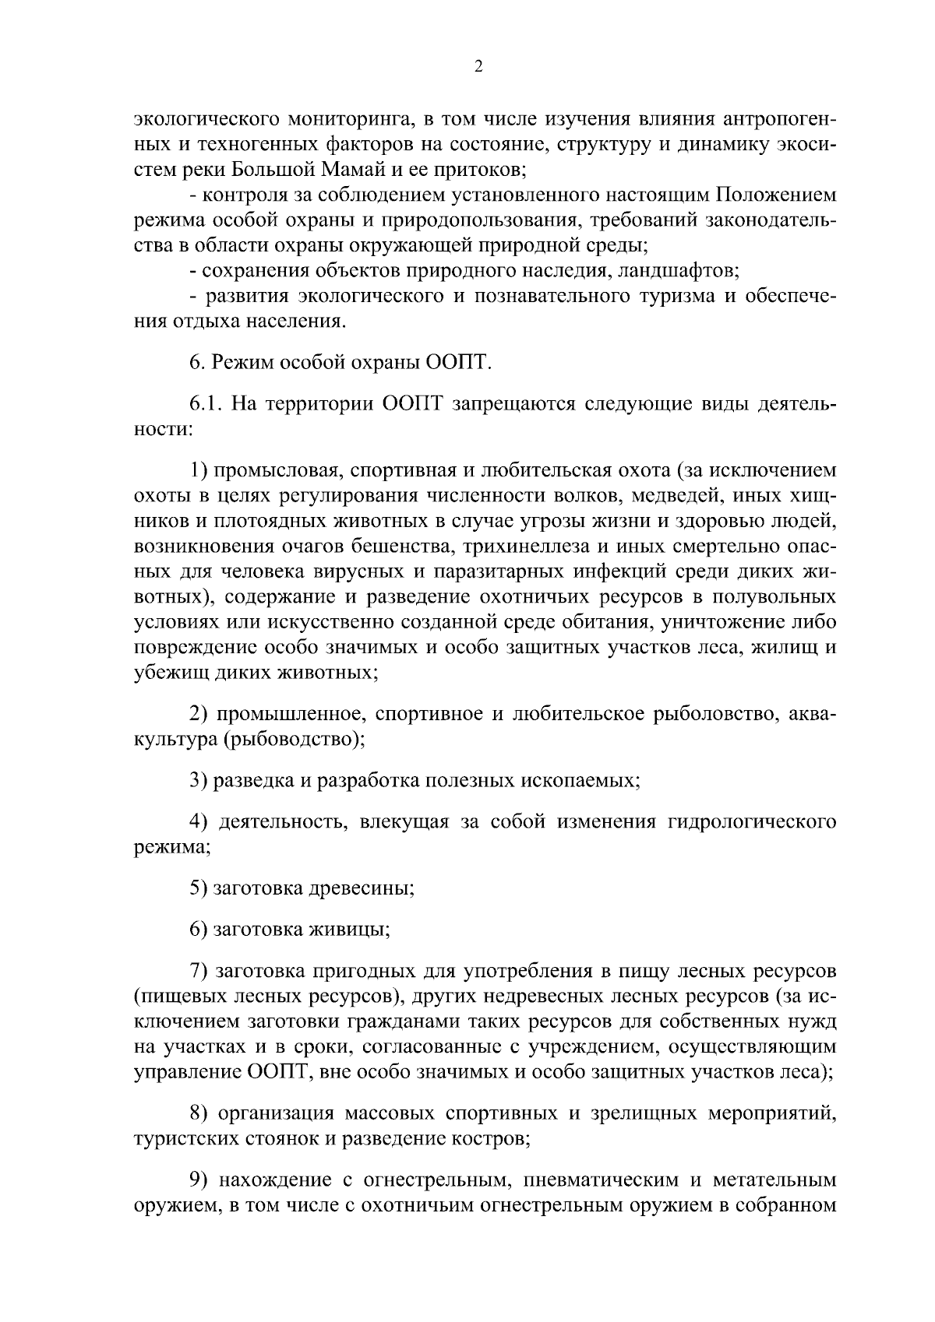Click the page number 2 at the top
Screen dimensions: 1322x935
(x=478, y=68)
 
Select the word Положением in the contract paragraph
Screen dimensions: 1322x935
(x=776, y=195)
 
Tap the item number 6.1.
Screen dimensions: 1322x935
(x=207, y=405)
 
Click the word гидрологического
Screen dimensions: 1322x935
(x=753, y=822)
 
